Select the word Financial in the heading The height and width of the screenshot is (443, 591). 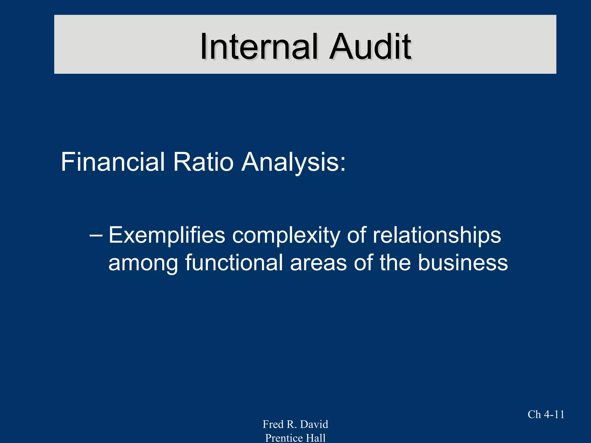[113, 162]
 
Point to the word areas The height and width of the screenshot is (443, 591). [318, 263]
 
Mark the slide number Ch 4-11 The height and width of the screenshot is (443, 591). [546, 414]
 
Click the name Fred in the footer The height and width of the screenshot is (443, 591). [273, 424]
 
